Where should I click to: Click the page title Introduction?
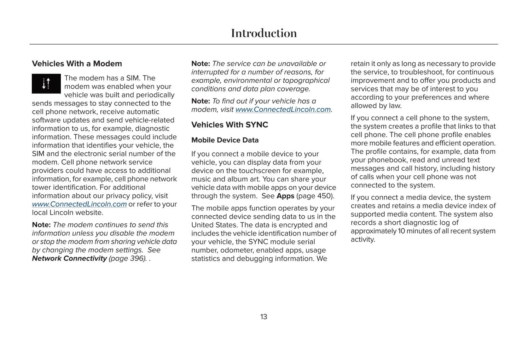coord(264,33)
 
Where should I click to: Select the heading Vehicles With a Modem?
coord(77,64)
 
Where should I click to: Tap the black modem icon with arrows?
coord(46,83)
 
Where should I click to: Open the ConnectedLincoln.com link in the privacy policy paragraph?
coord(79,204)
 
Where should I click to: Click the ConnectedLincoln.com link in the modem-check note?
coord(283,110)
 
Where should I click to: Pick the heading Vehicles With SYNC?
coord(230,125)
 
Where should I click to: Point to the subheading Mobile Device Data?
coord(225,140)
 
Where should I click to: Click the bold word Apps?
coord(285,196)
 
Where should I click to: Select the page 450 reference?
coord(315,196)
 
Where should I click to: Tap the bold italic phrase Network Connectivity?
coord(69,259)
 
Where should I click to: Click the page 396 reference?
coord(128,259)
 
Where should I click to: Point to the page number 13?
coord(264,317)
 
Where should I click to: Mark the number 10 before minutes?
coord(401,231)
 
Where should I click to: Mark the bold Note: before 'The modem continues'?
coord(41,225)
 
